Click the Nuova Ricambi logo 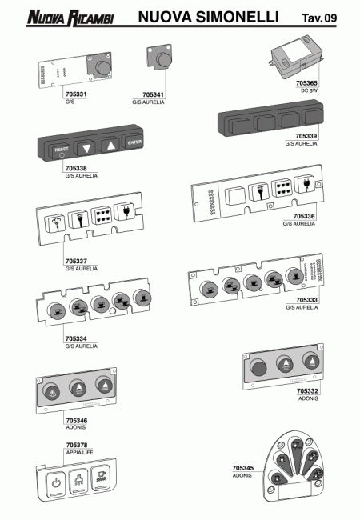(70, 18)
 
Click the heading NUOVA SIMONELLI (208, 17)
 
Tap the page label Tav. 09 (319, 18)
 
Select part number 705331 (76, 94)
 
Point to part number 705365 (306, 83)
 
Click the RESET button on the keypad (61, 151)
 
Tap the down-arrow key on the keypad (86, 147)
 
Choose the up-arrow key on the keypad (110, 145)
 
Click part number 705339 (306, 136)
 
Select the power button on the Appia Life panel (56, 483)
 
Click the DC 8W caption (309, 90)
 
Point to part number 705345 (243, 468)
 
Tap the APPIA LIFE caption (79, 452)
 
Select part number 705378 (77, 445)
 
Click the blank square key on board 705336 (235, 197)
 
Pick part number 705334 (76, 338)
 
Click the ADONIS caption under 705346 (75, 427)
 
